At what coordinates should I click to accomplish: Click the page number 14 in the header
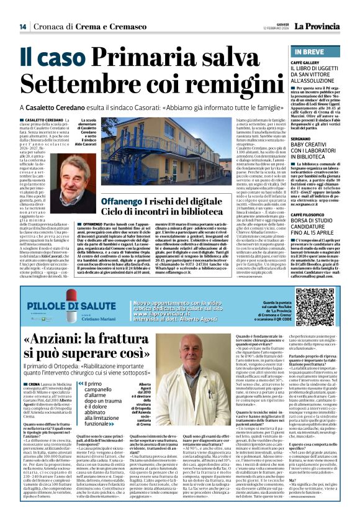23,27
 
